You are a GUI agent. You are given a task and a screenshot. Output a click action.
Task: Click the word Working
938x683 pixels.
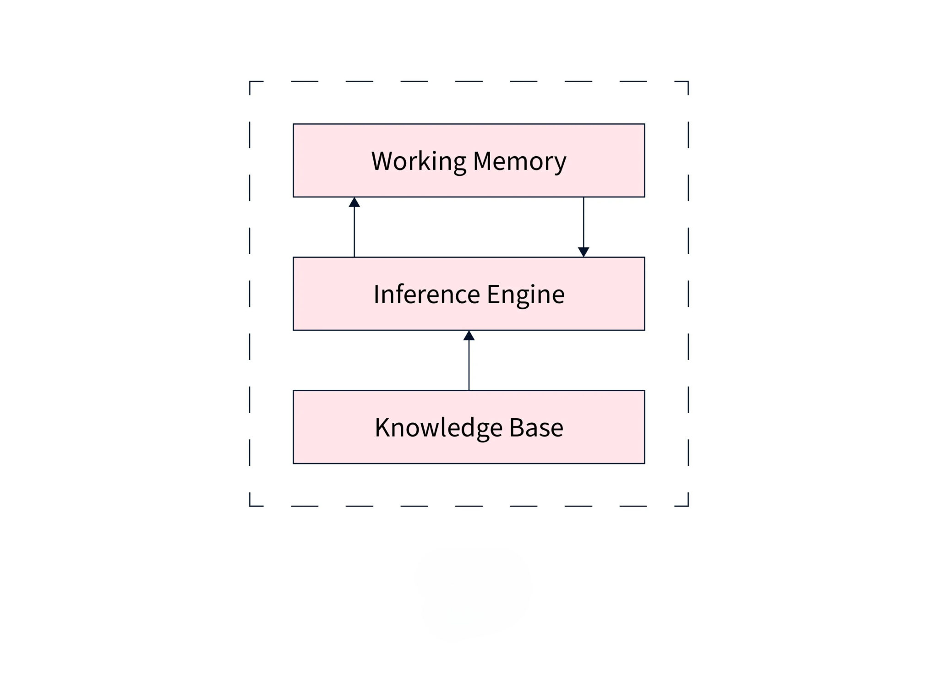[418, 161]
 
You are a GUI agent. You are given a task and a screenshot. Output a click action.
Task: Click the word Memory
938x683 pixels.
[519, 161]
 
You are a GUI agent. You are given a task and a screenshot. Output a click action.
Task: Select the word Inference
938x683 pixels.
[427, 294]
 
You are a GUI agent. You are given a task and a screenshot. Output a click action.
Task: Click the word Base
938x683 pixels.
[536, 428]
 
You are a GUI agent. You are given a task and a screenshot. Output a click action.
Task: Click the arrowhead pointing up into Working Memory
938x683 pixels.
[354, 202]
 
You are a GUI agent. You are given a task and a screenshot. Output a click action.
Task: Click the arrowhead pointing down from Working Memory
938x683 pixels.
[584, 252]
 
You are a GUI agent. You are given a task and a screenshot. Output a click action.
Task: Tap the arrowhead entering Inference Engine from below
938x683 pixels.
[469, 336]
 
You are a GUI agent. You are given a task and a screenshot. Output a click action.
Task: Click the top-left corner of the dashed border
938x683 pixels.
[250, 82]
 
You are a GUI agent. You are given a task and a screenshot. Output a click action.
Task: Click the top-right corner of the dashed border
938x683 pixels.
[688, 82]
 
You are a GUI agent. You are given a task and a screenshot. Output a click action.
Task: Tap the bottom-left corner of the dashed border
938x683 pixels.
[250, 506]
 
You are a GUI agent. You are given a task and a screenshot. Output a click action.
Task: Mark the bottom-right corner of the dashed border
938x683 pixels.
[688, 506]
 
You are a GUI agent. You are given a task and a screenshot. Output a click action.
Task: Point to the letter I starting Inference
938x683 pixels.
[376, 294]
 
